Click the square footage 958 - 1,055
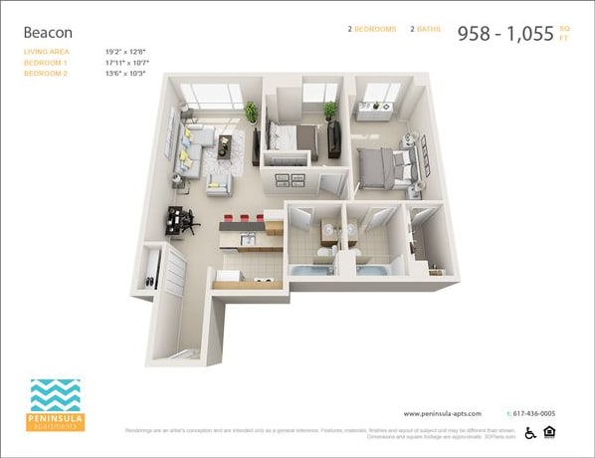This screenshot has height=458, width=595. (x=504, y=33)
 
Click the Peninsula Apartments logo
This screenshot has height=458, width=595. (x=57, y=404)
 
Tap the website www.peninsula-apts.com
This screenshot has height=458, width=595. (x=443, y=413)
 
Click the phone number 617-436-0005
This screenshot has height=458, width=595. (x=534, y=413)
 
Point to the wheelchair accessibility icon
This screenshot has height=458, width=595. (x=530, y=432)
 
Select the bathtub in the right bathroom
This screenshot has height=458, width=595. (x=372, y=271)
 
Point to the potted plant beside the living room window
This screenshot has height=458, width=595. (x=251, y=114)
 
